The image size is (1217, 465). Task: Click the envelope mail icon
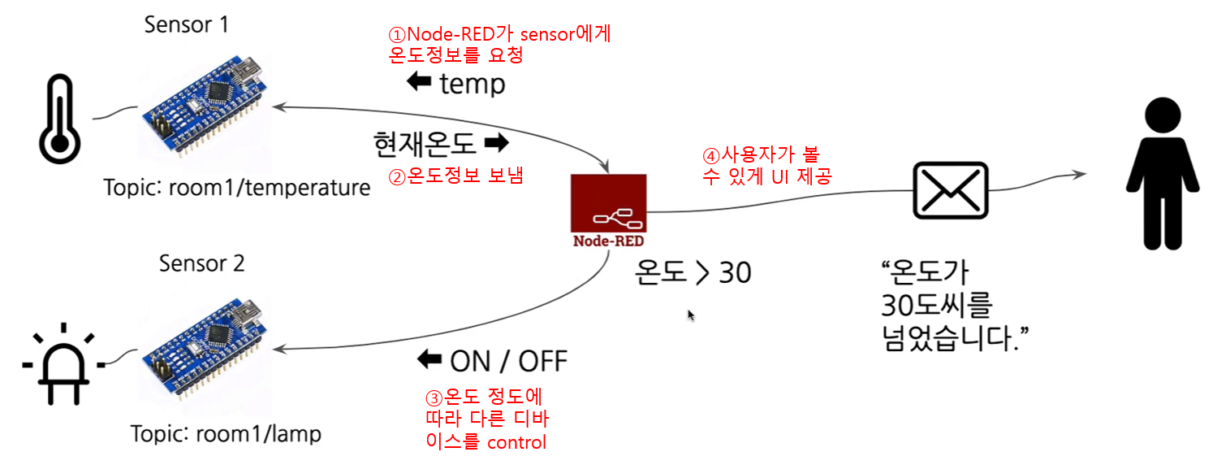tap(951, 190)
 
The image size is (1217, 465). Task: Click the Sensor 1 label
tap(186, 24)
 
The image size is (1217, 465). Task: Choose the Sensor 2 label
tap(202, 263)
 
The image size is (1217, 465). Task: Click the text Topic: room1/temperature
tap(237, 188)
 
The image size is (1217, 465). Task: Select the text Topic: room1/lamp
tap(227, 434)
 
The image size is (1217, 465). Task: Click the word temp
tap(472, 84)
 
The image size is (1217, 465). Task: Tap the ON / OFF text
tap(508, 360)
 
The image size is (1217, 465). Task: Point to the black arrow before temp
tap(419, 83)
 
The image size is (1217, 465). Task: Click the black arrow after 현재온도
tap(495, 145)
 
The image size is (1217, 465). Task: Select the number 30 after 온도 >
tap(735, 273)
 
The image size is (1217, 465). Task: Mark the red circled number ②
tap(398, 176)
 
